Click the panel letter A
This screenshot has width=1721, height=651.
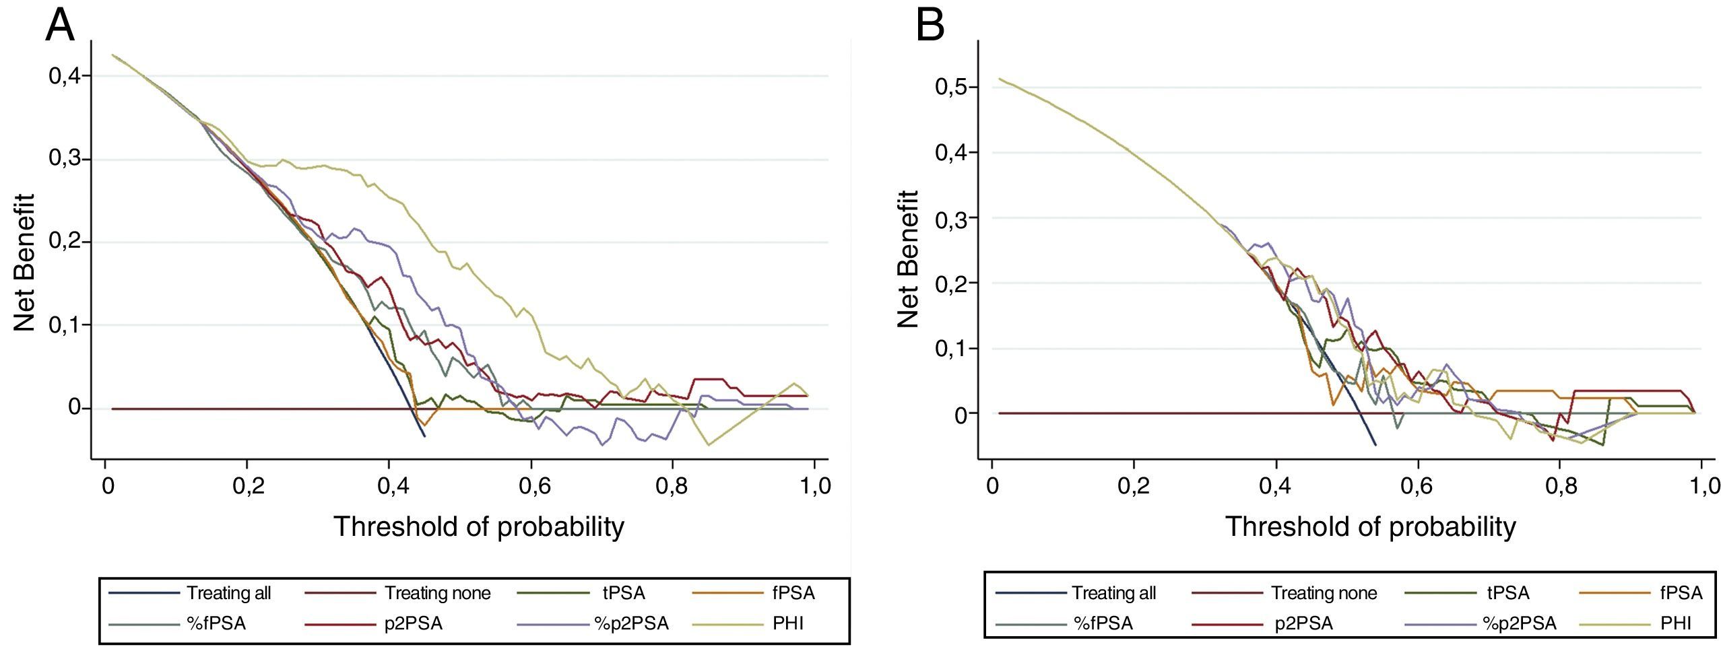click(59, 27)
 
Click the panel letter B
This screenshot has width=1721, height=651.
click(930, 27)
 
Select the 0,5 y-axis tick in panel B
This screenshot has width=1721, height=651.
click(950, 87)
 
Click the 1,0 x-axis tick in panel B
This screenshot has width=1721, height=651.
click(1701, 486)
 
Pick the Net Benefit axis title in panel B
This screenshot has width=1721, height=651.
click(909, 259)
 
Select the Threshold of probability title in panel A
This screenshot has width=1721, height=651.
click(479, 526)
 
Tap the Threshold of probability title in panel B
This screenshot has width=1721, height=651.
click(1370, 526)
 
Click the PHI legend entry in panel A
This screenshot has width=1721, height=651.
click(788, 623)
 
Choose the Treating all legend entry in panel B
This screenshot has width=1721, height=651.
click(1113, 593)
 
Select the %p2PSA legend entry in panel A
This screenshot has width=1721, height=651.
click(630, 623)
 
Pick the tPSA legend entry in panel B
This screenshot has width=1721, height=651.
click(1507, 593)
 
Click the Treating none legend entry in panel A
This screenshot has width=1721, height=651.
click(437, 593)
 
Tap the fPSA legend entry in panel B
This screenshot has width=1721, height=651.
click(1681, 593)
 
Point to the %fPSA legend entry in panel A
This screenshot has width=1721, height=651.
click(216, 623)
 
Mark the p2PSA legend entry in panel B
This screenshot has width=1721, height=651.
click(1303, 623)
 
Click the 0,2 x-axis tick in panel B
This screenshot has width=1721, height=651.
click(1134, 486)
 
